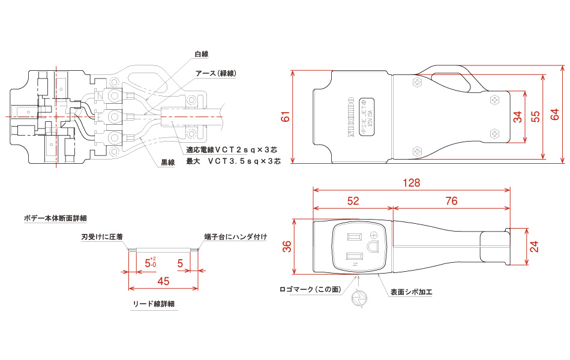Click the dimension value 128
point(412,182)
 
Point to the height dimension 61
point(286,117)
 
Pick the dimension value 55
point(536,117)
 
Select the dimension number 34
point(518,117)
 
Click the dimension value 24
point(535,246)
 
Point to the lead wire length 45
point(163,281)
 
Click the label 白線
point(201,54)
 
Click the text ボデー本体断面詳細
point(55,217)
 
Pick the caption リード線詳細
point(153,304)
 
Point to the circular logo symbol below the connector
point(358,298)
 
